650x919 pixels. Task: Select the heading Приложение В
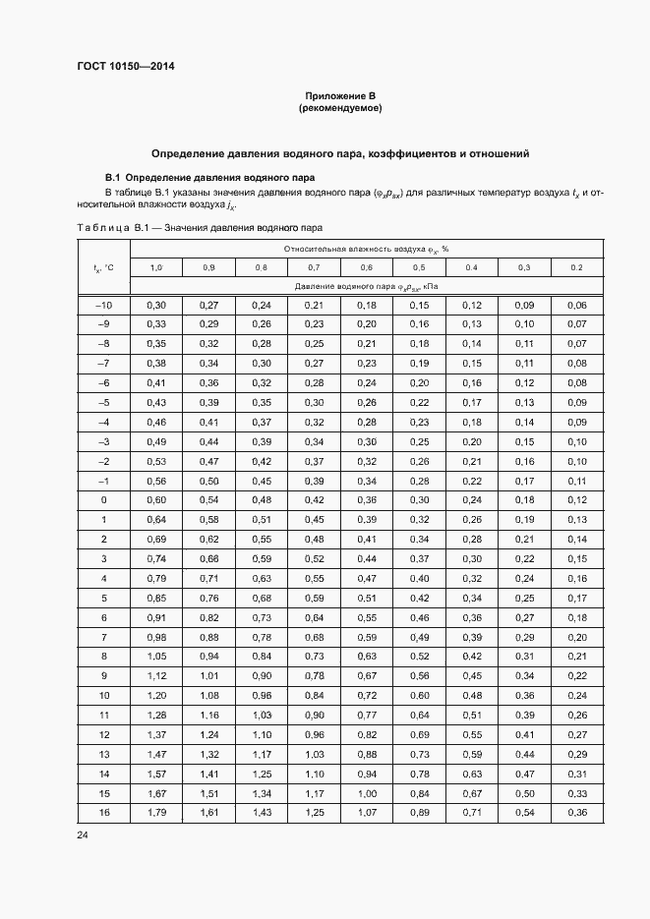(339, 95)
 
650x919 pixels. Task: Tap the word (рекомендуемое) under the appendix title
(339, 107)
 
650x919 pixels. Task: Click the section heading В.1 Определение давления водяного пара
(209, 178)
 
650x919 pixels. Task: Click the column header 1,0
(156, 268)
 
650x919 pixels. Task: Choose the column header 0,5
(419, 268)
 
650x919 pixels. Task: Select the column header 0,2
(576, 268)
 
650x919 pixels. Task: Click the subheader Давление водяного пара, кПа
(366, 286)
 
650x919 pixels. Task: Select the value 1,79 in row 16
(156, 812)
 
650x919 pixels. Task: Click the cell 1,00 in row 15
(366, 792)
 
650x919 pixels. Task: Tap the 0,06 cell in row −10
(576, 306)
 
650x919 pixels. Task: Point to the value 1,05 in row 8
(156, 657)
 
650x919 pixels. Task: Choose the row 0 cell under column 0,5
(419, 500)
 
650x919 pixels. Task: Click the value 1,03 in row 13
(314, 754)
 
